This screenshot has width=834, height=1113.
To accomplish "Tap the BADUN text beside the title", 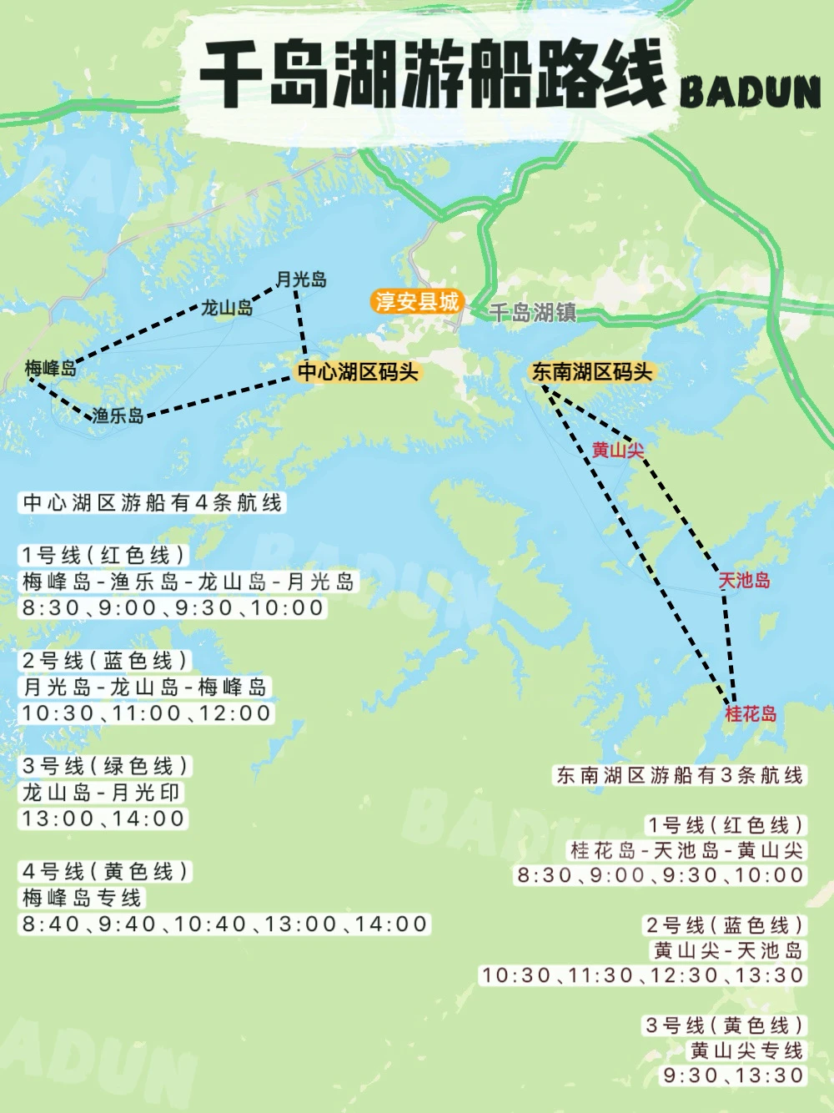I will tap(751, 93).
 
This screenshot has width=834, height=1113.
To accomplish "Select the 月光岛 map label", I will tap(301, 280).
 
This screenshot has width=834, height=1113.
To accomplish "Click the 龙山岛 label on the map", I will tap(227, 308).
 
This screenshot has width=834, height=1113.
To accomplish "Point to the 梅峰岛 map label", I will tap(50, 368).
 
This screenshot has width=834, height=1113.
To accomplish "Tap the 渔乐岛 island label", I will tap(118, 415).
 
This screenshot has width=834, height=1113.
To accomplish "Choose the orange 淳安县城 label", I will tap(416, 301).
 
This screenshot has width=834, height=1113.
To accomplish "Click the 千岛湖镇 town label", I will tap(532, 313).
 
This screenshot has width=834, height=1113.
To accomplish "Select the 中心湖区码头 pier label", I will tap(358, 371).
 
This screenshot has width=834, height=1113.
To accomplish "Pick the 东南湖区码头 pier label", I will tap(592, 371).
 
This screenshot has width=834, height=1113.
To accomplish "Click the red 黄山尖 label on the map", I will tap(618, 451).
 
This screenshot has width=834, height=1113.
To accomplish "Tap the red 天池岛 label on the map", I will tap(745, 580).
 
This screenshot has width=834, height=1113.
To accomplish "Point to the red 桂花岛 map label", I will tap(751, 713).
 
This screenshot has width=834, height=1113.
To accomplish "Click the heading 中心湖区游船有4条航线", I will tap(153, 502).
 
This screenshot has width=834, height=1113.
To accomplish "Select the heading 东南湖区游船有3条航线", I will tap(680, 775).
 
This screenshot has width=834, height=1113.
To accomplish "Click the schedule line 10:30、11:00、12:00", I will tap(147, 713).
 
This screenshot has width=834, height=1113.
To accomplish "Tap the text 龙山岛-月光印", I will tap(101, 793).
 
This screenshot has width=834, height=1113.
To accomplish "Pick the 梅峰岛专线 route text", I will tap(82, 898).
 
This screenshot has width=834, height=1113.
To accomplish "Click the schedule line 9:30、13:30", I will tap(734, 1075).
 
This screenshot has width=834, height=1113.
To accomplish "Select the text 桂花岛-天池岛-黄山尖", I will tap(686, 850).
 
